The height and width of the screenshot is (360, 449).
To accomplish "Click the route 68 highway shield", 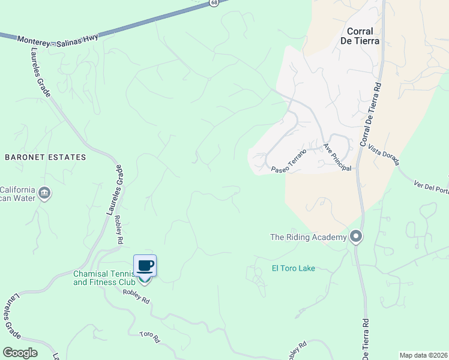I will point(214,3).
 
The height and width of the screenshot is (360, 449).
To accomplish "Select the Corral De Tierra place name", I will point(360,36).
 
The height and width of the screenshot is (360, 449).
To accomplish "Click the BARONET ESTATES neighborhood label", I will point(46,157).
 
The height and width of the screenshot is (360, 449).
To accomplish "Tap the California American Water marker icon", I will point(44,193).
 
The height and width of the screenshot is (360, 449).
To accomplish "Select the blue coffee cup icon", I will point(145,265).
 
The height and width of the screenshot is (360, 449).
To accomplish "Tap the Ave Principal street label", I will point(337,157).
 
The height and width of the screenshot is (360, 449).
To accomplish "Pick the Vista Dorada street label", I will point(384,155).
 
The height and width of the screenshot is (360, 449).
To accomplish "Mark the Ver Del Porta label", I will point(431,187).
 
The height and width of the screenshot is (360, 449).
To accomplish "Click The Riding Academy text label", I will point(309,237).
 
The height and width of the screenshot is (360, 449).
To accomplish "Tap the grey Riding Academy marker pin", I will point(356,236).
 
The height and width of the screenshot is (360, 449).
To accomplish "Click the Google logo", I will point(20,353).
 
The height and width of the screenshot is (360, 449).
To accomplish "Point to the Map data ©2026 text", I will point(423,355).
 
